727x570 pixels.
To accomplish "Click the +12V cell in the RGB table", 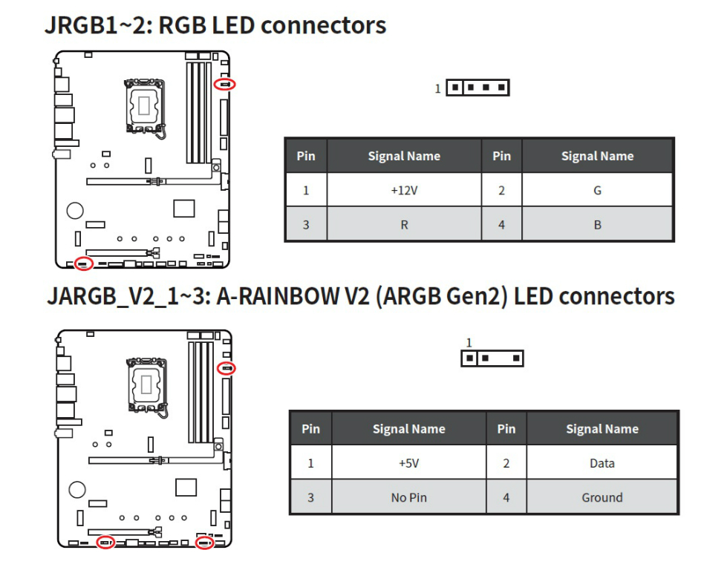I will pyautogui.click(x=404, y=191).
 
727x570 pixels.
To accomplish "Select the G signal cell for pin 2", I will pyautogui.click(x=597, y=191).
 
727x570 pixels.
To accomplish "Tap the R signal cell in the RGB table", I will pyautogui.click(x=404, y=225).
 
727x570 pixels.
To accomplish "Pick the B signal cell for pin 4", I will pyautogui.click(x=597, y=225).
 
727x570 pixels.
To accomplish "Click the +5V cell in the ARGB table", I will pyautogui.click(x=408, y=463).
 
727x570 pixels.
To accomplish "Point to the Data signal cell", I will pyautogui.click(x=602, y=463).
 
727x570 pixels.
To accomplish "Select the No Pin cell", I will pyautogui.click(x=408, y=497).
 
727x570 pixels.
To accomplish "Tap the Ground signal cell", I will pyautogui.click(x=602, y=497).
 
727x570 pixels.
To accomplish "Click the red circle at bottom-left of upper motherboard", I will pyautogui.click(x=84, y=263).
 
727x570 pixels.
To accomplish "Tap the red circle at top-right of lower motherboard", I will pyautogui.click(x=228, y=367).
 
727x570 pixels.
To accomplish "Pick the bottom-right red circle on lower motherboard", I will pyautogui.click(x=204, y=543).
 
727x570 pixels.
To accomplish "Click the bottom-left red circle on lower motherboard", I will pyautogui.click(x=106, y=543).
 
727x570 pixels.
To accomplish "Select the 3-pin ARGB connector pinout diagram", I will pyautogui.click(x=492, y=358).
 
